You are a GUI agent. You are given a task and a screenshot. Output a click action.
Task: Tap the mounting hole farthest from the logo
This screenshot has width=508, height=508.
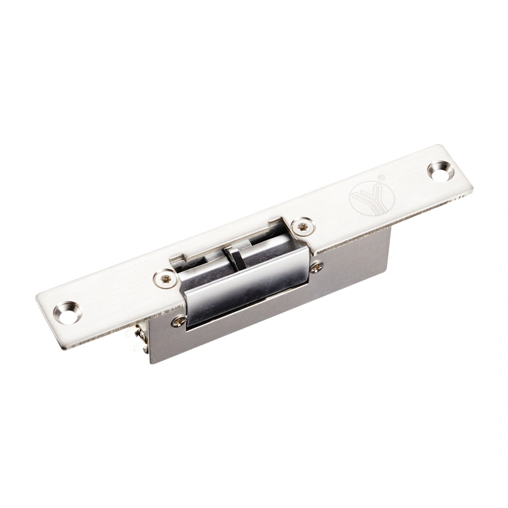(68, 311)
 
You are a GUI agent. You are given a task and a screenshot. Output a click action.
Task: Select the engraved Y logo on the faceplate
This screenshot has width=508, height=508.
(372, 198)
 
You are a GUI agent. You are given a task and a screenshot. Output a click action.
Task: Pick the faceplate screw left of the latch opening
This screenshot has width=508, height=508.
(166, 278)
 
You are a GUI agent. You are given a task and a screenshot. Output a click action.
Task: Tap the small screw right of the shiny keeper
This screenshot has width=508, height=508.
(316, 266)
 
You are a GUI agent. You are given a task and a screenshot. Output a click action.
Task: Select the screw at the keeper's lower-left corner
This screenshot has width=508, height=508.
(179, 321)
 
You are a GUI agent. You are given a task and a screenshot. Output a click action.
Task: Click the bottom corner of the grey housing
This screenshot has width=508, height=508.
(151, 363)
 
